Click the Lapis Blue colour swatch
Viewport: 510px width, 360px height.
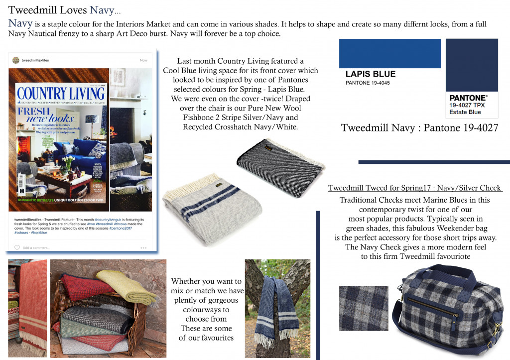click(x=389, y=53)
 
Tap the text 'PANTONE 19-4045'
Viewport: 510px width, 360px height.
click(x=368, y=83)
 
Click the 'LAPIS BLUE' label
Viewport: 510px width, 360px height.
click(x=371, y=74)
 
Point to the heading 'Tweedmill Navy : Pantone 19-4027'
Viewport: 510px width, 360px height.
click(x=419, y=128)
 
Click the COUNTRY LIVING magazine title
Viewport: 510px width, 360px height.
click(x=61, y=93)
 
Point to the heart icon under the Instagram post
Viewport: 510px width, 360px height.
click(x=17, y=247)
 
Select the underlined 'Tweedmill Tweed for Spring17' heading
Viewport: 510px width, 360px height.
click(x=415, y=188)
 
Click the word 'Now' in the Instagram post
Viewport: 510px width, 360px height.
click(x=143, y=60)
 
